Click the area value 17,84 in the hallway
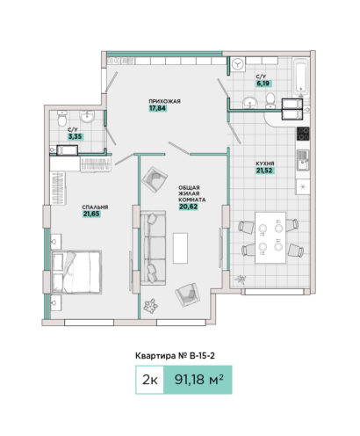point(157,108)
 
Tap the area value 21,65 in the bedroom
point(91,214)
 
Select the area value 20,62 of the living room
point(189,207)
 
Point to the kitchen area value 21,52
point(265,171)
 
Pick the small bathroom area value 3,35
point(76,136)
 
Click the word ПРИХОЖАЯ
point(164,101)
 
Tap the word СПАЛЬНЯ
point(95,207)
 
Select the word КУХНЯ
point(265,163)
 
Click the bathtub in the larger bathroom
point(301,76)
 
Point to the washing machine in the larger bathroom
point(238,64)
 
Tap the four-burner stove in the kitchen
point(303,134)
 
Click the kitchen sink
point(303,160)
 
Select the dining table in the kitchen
point(270,237)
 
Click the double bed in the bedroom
point(76,272)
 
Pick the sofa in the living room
point(153,248)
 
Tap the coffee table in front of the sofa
point(180,248)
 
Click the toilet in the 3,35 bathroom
point(62,119)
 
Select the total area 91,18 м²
point(199,380)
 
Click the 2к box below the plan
point(149,380)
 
